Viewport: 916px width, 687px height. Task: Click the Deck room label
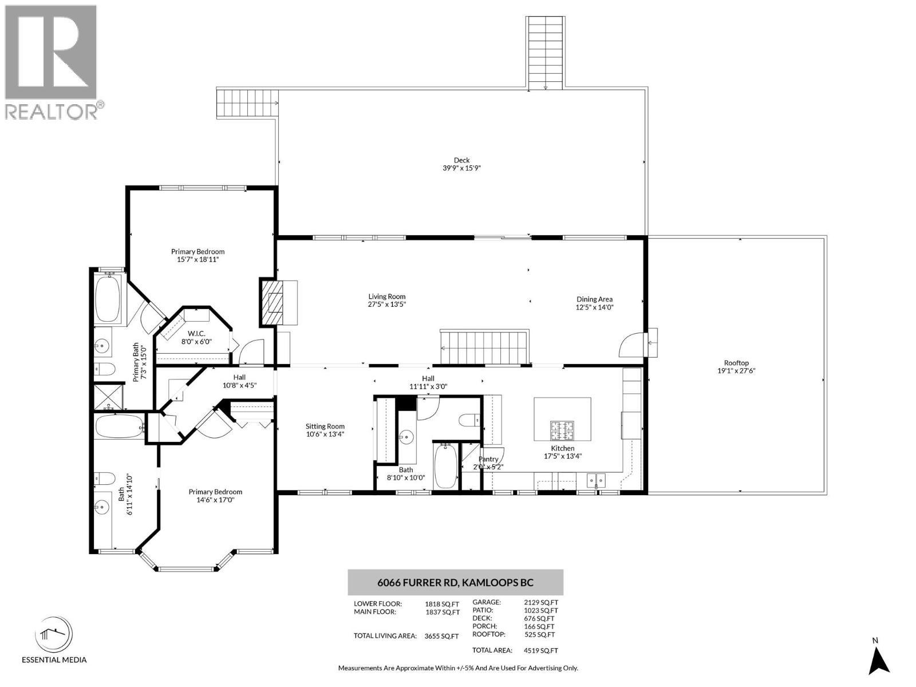tap(462, 160)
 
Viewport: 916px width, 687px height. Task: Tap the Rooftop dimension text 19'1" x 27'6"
tap(736, 370)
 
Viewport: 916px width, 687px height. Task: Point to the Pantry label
tap(488, 459)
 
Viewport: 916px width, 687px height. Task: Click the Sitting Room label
tap(325, 426)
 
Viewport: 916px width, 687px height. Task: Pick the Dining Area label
tap(594, 299)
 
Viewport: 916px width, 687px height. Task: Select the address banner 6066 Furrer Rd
tap(455, 583)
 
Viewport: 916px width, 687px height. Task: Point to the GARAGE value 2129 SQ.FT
tap(540, 602)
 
